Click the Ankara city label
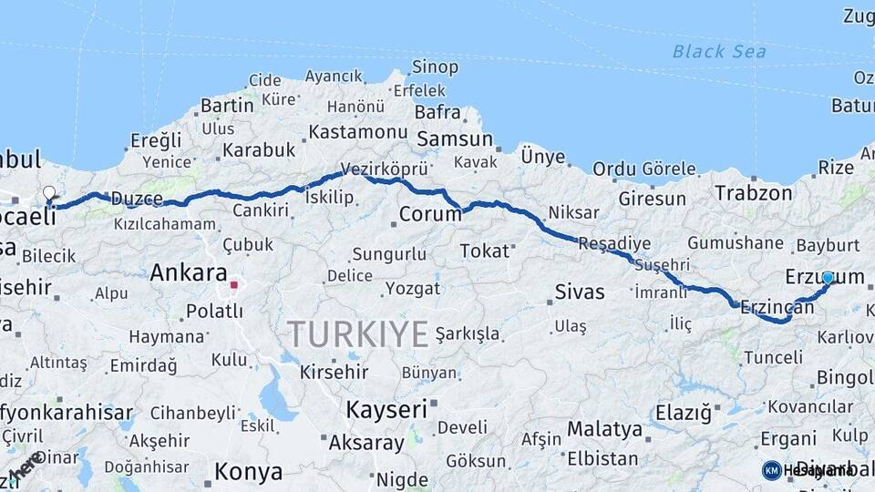pos(188,272)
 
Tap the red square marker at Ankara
pos(233,285)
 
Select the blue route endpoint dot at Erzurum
pos(828,277)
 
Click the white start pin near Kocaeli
pos(49,193)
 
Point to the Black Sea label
pos(719,51)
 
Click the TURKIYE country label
pos(358,334)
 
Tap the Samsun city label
pos(454,139)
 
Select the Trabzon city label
pos(754,192)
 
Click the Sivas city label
pos(580,292)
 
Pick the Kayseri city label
pos(386,409)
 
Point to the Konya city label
pos(248,472)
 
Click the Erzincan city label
pos(777,307)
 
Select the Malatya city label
pos(604,428)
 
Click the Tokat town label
pos(484,251)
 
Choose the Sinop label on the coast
pos(435,67)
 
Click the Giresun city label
pos(652,198)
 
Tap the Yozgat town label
pos(413,289)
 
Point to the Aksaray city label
pos(365,444)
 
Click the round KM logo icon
pos(771,470)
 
